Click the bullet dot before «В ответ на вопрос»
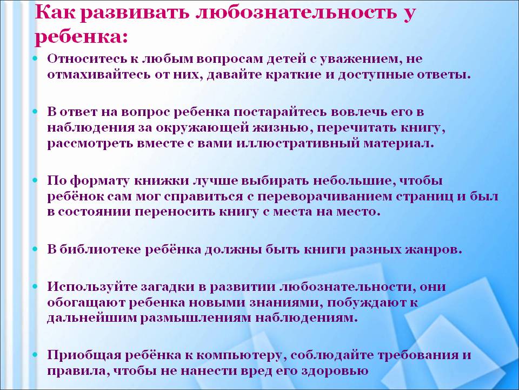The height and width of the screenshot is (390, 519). coord(36,112)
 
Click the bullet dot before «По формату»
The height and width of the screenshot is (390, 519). coord(36,181)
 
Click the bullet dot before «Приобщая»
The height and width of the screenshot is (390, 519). coord(36,355)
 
